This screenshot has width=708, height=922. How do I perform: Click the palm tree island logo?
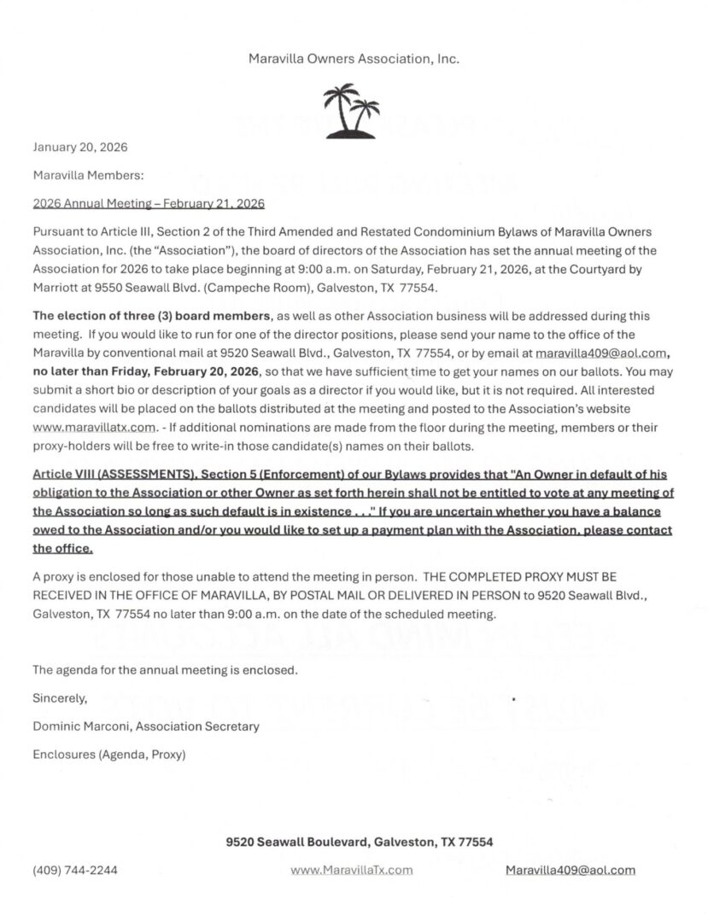coord(353,110)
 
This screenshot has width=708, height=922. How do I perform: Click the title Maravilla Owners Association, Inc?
coord(354,59)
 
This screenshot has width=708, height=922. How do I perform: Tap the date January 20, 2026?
coord(79,147)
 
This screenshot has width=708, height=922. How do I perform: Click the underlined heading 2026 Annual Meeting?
coord(148,204)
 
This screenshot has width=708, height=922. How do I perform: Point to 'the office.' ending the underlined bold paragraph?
coord(62,549)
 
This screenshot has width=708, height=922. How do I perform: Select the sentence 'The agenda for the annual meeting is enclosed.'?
coord(165,670)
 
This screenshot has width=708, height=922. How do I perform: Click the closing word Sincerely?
coord(60,697)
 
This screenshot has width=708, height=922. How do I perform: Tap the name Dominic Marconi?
coord(81,726)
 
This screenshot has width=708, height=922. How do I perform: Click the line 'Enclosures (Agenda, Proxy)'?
coord(108,754)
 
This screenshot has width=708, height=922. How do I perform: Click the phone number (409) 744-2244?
coord(75,870)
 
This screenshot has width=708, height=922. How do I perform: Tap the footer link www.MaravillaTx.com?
coord(352,870)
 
